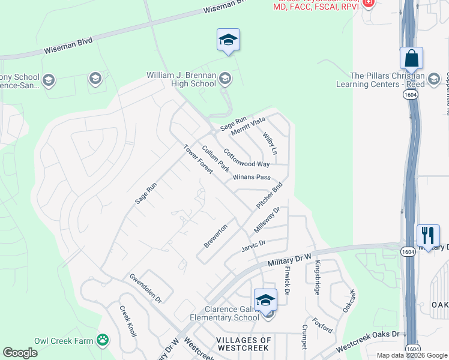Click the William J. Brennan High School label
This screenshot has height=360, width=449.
[181, 80]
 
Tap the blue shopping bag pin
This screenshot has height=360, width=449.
[411, 59]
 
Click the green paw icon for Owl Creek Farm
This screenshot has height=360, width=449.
[103, 340]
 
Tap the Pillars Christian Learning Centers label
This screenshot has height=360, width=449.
[387, 80]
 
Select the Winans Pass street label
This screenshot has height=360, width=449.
[252, 177]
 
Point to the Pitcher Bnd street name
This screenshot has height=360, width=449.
[269, 196]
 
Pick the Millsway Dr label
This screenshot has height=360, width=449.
[267, 220]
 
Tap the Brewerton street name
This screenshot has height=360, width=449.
[215, 236]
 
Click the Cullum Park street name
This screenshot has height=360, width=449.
[215, 159]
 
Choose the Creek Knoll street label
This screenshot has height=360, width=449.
[127, 321]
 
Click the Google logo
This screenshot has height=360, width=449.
[20, 352]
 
